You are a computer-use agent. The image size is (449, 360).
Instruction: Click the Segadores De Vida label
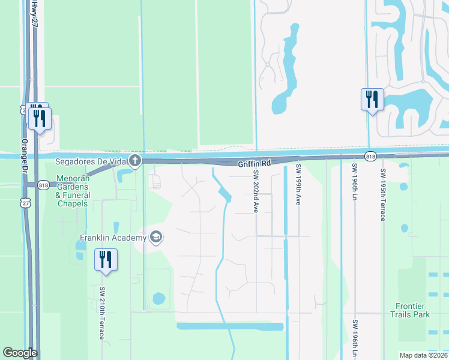click(x=91, y=161)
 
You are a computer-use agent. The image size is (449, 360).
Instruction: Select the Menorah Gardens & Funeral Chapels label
click(x=73, y=191)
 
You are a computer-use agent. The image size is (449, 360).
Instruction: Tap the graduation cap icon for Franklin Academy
click(x=156, y=238)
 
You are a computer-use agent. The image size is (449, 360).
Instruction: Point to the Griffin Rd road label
click(x=255, y=163)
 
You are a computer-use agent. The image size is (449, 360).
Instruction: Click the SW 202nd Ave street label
click(x=256, y=191)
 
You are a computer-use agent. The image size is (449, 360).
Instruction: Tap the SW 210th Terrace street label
click(x=102, y=312)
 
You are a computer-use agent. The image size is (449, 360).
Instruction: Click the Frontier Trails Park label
click(x=410, y=310)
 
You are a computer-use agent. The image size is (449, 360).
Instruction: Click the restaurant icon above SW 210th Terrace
click(x=106, y=260)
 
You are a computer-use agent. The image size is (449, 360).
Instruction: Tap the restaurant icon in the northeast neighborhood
click(x=372, y=99)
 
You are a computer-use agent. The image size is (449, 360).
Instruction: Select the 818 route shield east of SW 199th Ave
click(x=370, y=156)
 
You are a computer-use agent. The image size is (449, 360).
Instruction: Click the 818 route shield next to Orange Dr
click(x=43, y=185)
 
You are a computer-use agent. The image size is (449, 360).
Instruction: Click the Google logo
click(x=20, y=353)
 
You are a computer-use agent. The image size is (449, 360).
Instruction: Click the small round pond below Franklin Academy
click(x=159, y=298)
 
